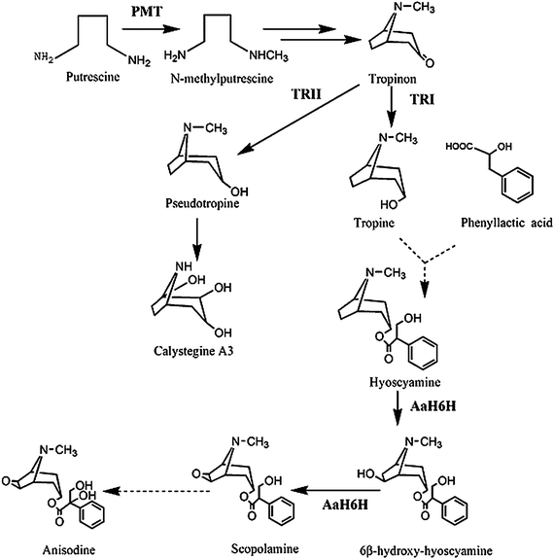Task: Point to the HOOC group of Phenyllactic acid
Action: [x=461, y=148]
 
